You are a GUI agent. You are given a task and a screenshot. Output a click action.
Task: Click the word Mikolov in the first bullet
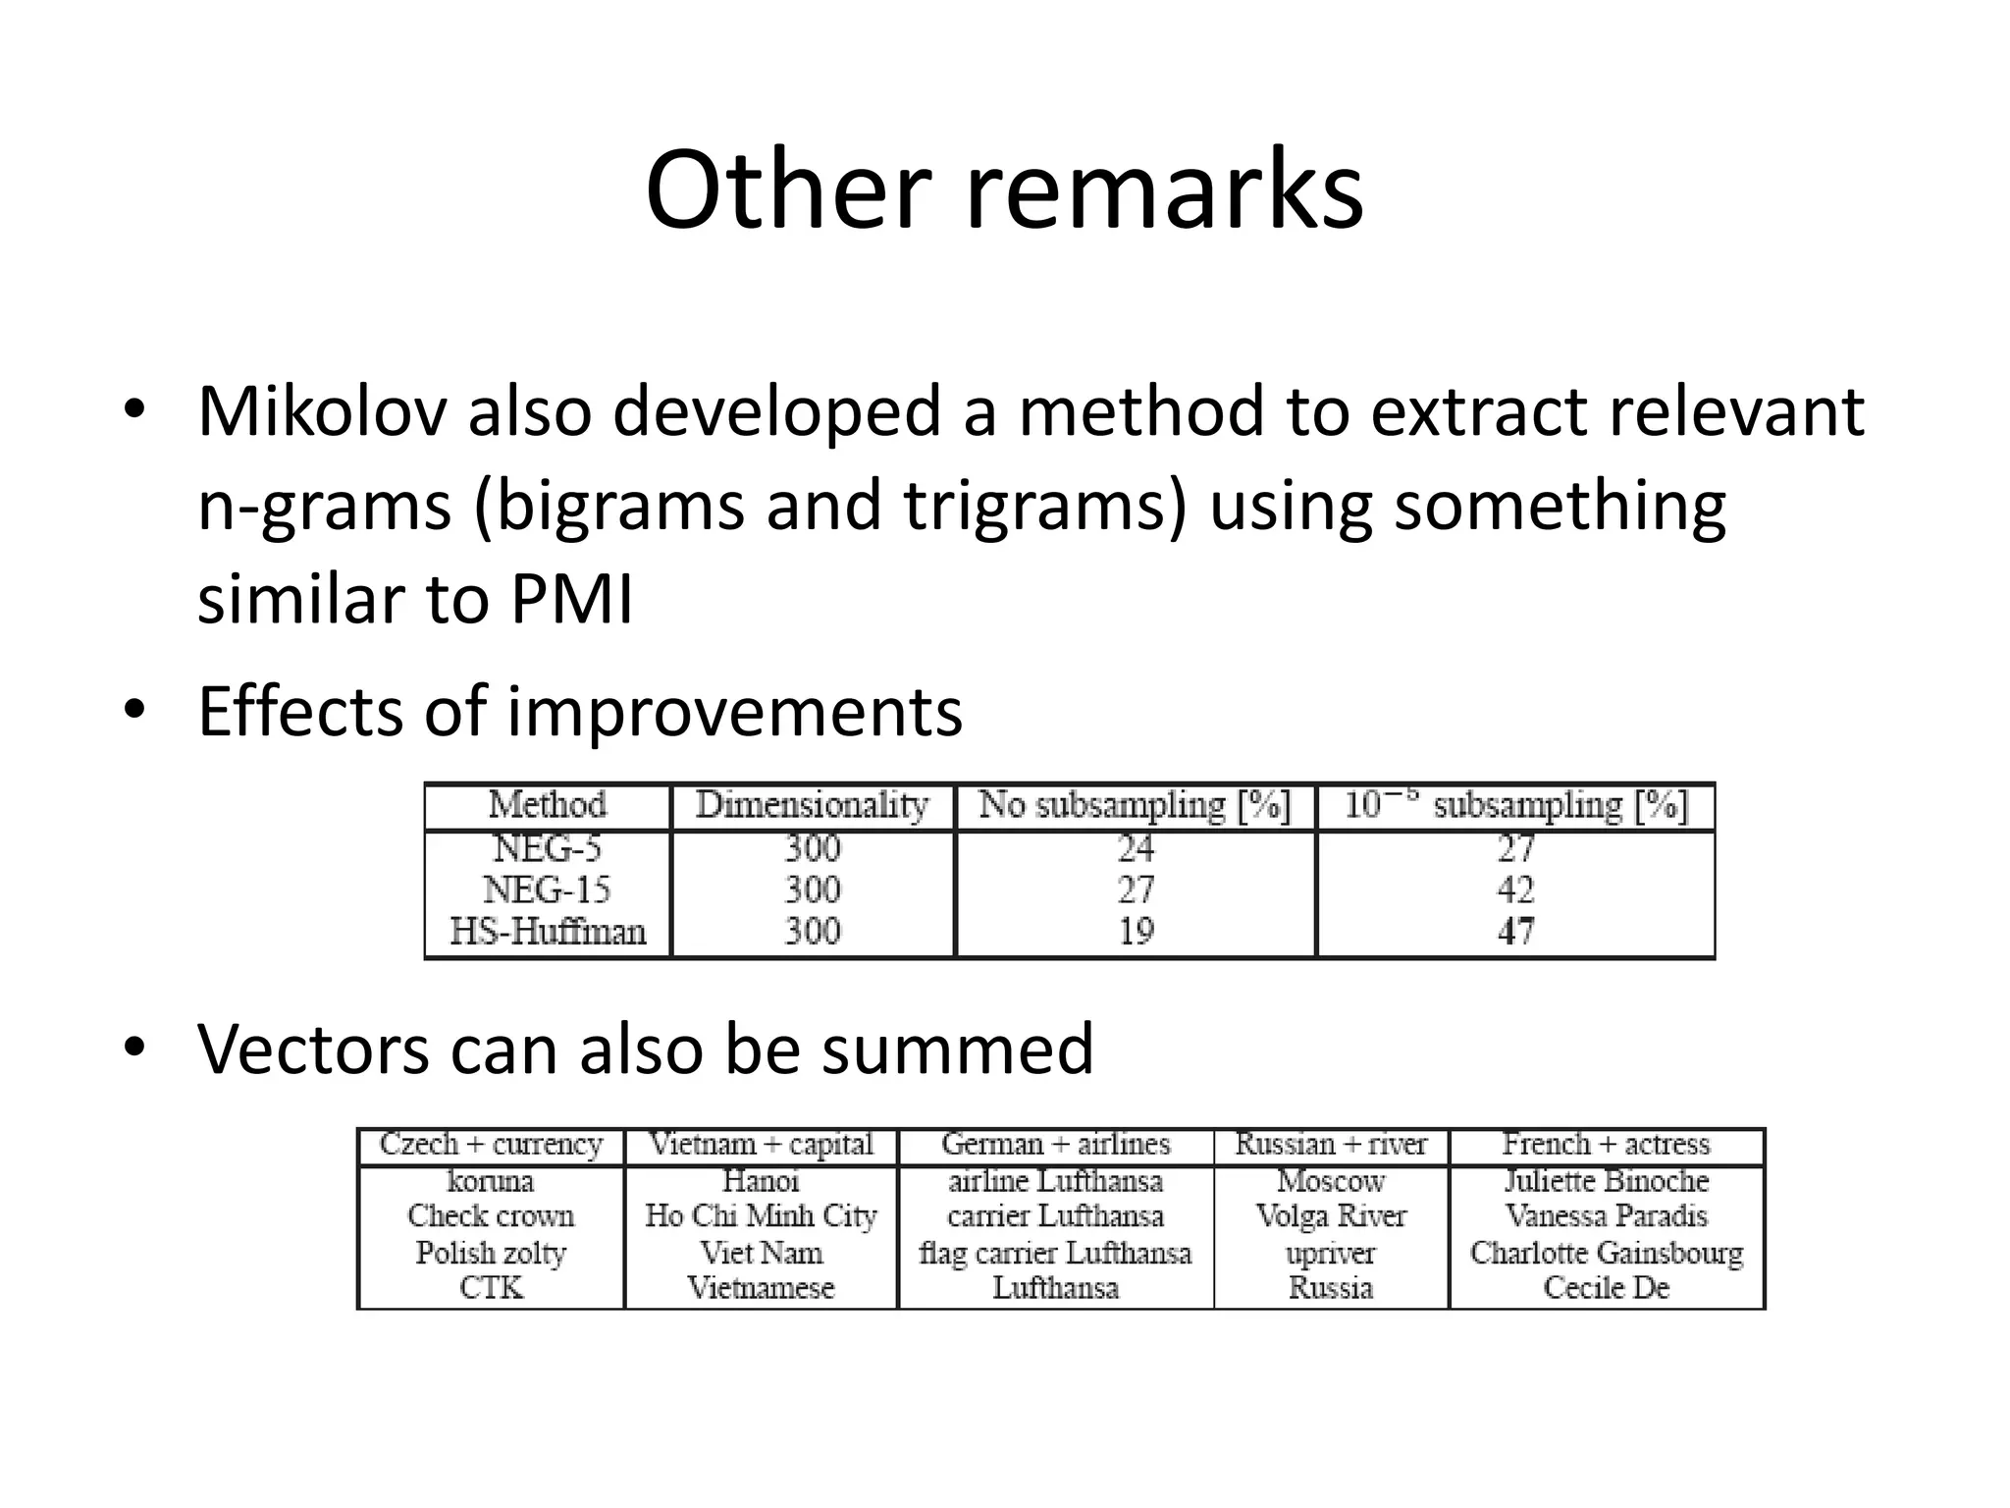point(322,412)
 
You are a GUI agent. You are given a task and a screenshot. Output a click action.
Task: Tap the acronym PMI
point(572,599)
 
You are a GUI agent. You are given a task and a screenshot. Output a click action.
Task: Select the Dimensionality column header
point(812,806)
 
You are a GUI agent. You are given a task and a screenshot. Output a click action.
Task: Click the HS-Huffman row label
point(548,931)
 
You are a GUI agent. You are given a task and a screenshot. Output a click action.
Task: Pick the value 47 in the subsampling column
point(1515,931)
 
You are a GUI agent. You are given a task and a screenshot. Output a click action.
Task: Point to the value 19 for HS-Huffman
point(1136,931)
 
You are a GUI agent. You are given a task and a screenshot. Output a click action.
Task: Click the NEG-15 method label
point(547,889)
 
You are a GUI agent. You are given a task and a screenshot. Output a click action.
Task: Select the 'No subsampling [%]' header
point(1135,806)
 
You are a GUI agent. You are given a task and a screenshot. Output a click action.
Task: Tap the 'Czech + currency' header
point(491,1145)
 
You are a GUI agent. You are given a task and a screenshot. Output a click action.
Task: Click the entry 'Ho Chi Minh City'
point(761,1216)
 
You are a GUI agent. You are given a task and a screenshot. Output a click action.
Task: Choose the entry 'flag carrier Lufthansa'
point(1055,1253)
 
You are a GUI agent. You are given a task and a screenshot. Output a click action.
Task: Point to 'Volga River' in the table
point(1331,1216)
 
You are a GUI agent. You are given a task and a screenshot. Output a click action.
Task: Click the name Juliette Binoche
point(1607,1181)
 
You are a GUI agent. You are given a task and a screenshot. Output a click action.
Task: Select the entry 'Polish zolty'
point(491,1253)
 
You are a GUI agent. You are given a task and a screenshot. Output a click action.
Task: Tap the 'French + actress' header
point(1607,1145)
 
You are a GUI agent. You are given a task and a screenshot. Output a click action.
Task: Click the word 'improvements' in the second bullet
point(734,712)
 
